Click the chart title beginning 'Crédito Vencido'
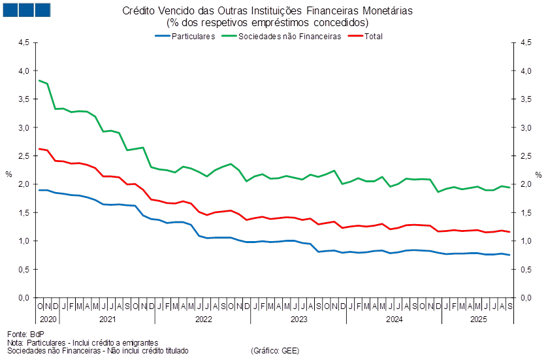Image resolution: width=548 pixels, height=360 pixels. click(x=267, y=10)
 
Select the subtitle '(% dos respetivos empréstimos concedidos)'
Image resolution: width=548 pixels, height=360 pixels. click(x=267, y=22)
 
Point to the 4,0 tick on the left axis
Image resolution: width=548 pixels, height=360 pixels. click(x=24, y=71)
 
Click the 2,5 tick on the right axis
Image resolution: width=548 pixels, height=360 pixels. click(x=525, y=156)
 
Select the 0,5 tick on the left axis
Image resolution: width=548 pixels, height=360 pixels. click(x=24, y=270)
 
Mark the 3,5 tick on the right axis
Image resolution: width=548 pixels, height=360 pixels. click(x=525, y=99)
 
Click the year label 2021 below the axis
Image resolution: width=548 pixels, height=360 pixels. click(x=107, y=319)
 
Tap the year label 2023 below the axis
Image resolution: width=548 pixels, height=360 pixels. click(x=298, y=319)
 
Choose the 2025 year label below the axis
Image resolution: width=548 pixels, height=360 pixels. click(x=480, y=319)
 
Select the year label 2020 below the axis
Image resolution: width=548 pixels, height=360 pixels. click(x=48, y=319)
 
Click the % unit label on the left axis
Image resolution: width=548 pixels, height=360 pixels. click(x=8, y=175)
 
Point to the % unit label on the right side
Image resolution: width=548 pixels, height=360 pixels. click(x=539, y=175)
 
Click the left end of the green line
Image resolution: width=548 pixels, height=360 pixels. click(x=39, y=80)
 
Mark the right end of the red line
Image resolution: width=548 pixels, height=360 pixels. click(x=510, y=232)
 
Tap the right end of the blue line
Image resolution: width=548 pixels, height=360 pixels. click(x=510, y=255)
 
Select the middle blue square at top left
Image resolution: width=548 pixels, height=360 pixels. click(x=25, y=10)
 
